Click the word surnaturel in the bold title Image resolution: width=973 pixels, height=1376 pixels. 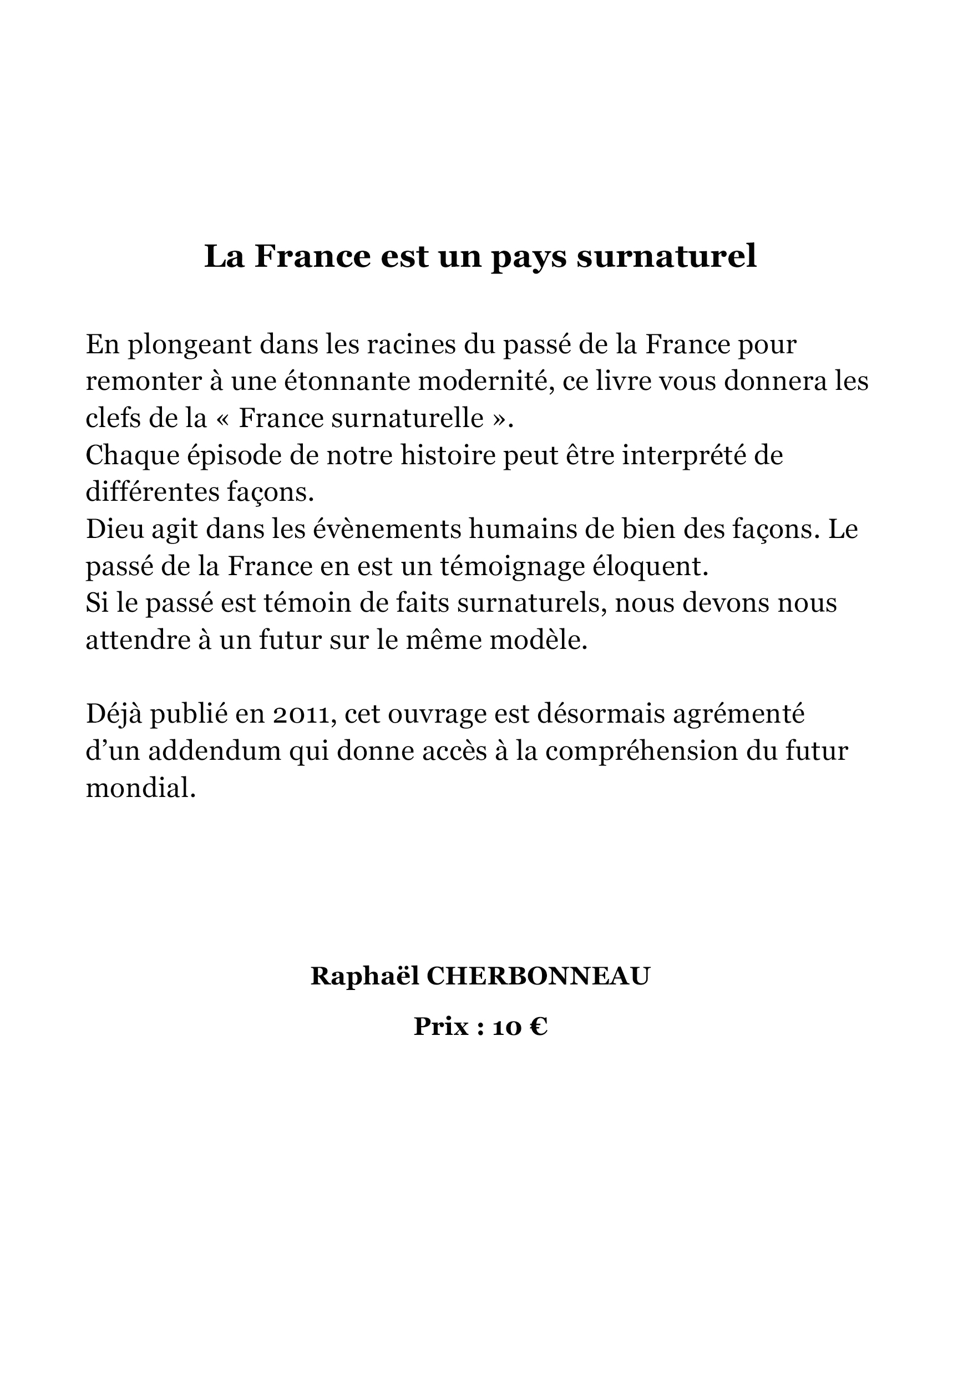point(666,256)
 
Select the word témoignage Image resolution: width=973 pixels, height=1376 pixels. point(512,566)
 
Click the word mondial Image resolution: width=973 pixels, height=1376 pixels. point(141,788)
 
